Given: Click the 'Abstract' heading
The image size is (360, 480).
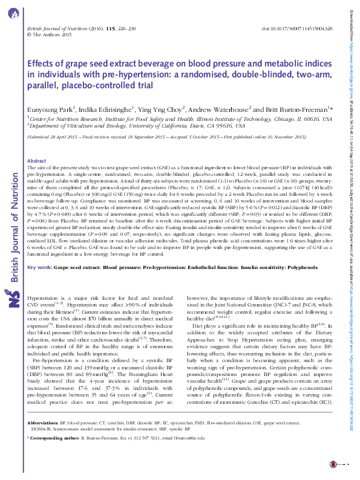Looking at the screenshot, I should point(37,161).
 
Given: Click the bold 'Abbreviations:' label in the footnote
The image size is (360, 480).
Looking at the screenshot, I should point(43,439).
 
